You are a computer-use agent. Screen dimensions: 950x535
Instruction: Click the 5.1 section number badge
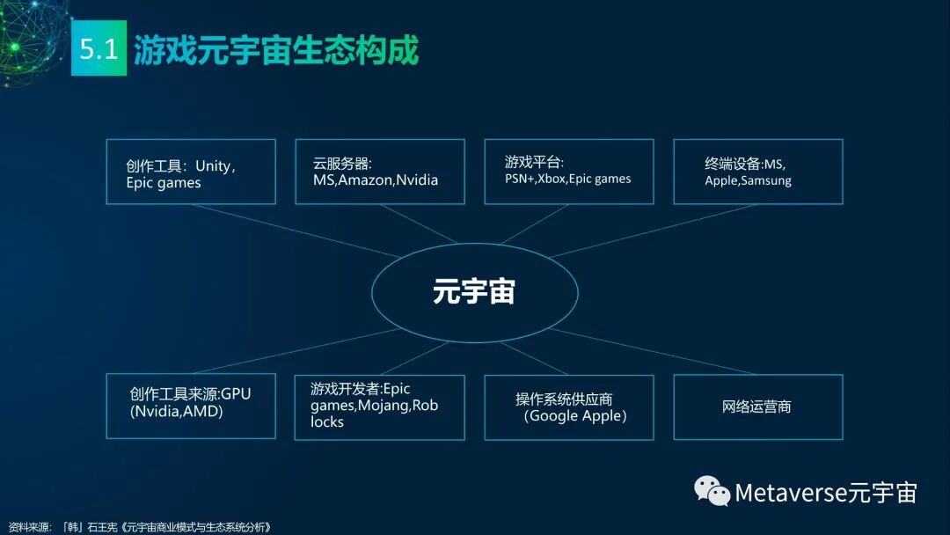pos(99,48)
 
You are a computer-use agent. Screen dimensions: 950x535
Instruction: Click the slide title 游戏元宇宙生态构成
pos(276,49)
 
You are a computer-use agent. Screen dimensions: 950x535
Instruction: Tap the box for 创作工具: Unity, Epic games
pos(191,172)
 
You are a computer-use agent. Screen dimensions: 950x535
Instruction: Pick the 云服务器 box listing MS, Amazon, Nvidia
pos(379,172)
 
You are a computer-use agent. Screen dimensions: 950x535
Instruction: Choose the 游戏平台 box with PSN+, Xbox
pos(568,172)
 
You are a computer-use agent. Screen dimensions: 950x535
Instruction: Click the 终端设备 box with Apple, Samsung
pos(757,172)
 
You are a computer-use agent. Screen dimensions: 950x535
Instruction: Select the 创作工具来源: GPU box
pos(191,407)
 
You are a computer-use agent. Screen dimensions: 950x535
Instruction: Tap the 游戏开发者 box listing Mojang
pos(379,407)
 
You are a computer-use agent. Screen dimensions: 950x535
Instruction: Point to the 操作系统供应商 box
pos(568,407)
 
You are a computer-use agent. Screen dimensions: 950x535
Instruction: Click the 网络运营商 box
pos(757,407)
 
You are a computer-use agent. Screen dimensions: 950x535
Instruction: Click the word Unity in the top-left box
pos(214,165)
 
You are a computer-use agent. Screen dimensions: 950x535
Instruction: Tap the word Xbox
pos(551,179)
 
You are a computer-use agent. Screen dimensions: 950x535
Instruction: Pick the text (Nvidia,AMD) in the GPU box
pos(176,411)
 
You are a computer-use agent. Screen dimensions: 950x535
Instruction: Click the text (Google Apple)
pos(575,415)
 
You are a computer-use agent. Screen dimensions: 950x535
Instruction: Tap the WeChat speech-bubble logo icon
pos(712,491)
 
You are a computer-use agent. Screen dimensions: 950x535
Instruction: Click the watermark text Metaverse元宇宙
pos(825,492)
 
